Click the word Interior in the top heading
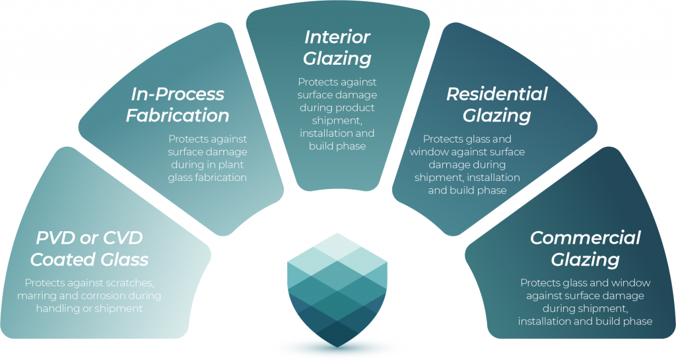point(337,37)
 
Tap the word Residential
point(496,94)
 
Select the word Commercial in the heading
point(585,238)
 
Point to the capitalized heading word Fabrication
point(178,116)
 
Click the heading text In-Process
point(178,94)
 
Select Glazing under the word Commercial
point(585,260)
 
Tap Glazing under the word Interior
point(337,59)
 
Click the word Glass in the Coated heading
point(125,260)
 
